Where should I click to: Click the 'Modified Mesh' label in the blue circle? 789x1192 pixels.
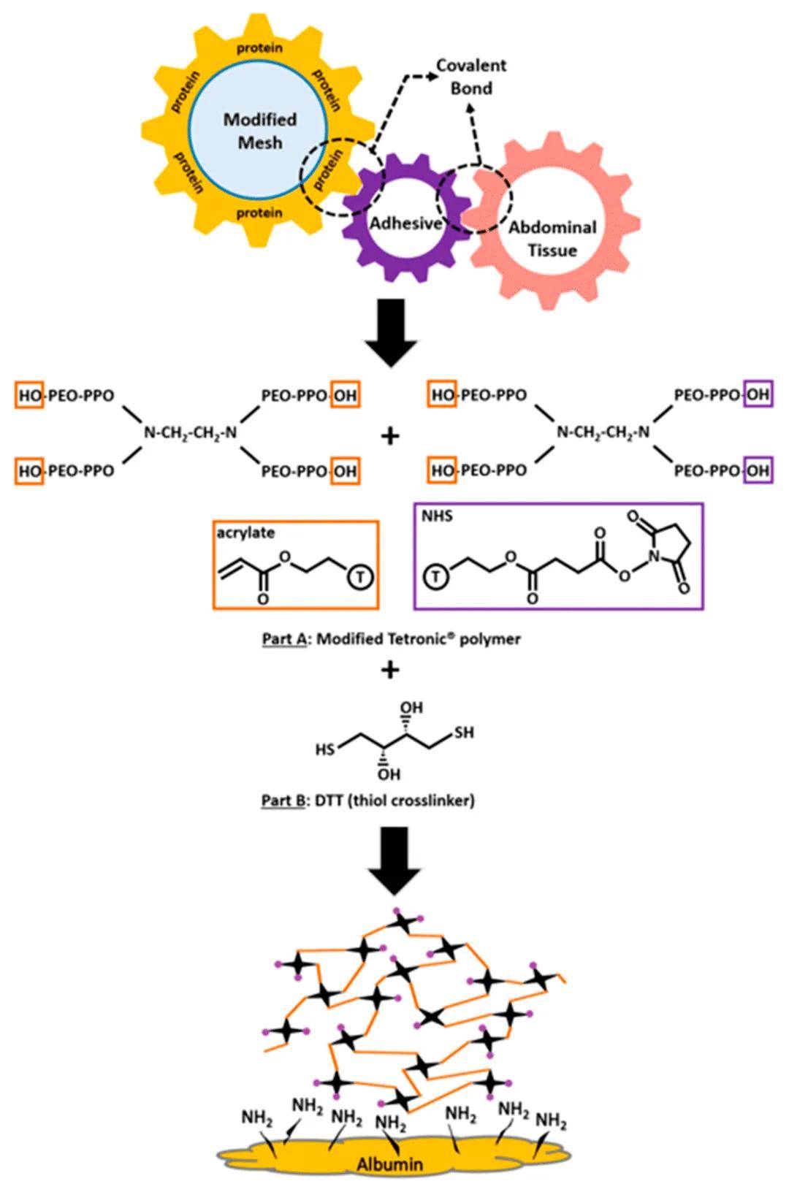point(259,130)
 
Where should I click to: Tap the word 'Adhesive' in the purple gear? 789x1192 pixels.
point(405,223)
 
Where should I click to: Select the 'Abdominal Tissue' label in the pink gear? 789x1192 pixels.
point(552,239)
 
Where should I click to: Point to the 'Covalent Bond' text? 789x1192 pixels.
point(471,77)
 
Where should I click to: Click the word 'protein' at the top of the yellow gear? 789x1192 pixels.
point(259,48)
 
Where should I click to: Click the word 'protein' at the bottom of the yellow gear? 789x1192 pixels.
point(259,213)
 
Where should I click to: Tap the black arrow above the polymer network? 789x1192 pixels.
point(394,868)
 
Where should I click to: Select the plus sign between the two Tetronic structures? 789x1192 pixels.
point(391,436)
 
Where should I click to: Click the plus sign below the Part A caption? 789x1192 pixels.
point(391,669)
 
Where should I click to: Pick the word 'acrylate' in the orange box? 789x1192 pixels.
point(245,532)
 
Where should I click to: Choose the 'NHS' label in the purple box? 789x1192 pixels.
point(437,516)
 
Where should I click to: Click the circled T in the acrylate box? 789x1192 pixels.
point(359,578)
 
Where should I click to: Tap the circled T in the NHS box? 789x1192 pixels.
point(436,578)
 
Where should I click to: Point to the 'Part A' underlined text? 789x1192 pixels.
point(284,639)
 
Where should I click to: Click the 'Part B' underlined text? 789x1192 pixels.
point(283,801)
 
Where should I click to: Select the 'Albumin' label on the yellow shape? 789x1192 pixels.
point(389,1164)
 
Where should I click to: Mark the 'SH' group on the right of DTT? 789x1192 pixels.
point(464,732)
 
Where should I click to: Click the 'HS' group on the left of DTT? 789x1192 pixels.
point(326,749)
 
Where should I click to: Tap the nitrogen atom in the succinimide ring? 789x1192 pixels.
point(655,557)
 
